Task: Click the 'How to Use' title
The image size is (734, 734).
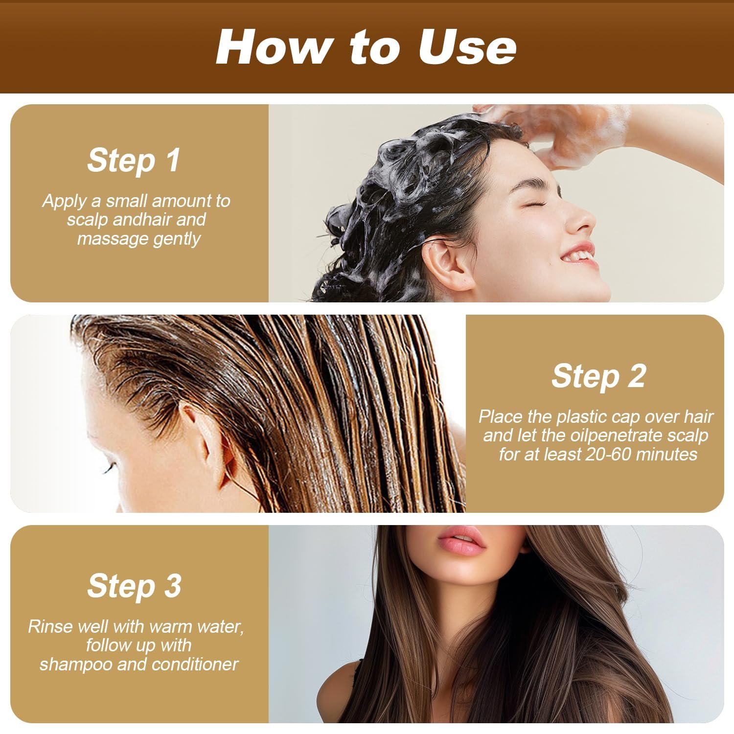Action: coord(366,47)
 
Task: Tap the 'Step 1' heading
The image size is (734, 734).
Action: coord(134,161)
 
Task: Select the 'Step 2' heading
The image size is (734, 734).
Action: coord(598,376)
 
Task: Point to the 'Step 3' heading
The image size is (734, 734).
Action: coord(134,586)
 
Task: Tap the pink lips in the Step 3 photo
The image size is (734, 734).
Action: coord(461,541)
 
